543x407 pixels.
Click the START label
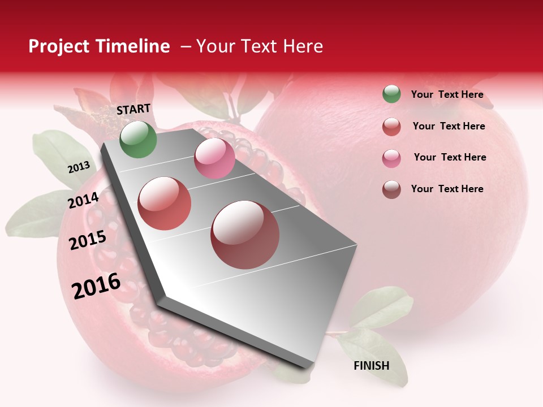pyautogui.click(x=133, y=109)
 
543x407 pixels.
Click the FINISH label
pyautogui.click(x=371, y=366)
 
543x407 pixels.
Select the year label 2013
pyautogui.click(x=79, y=167)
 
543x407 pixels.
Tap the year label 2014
pyautogui.click(x=84, y=200)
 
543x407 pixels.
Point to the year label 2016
pyautogui.click(x=96, y=286)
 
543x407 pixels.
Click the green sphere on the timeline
pyautogui.click(x=138, y=140)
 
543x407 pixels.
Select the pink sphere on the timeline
pyautogui.click(x=214, y=158)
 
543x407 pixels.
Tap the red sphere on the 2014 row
pyautogui.click(x=165, y=203)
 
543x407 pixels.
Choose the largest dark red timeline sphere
pyautogui.click(x=245, y=235)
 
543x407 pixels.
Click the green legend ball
pyautogui.click(x=391, y=94)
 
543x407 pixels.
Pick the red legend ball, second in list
pyautogui.click(x=391, y=127)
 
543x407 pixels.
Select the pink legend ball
pyautogui.click(x=391, y=158)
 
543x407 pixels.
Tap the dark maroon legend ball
pyautogui.click(x=391, y=189)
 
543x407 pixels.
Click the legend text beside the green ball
pyautogui.click(x=447, y=94)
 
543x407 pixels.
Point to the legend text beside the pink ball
pyautogui.click(x=450, y=157)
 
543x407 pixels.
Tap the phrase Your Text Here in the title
pyautogui.click(x=259, y=46)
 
